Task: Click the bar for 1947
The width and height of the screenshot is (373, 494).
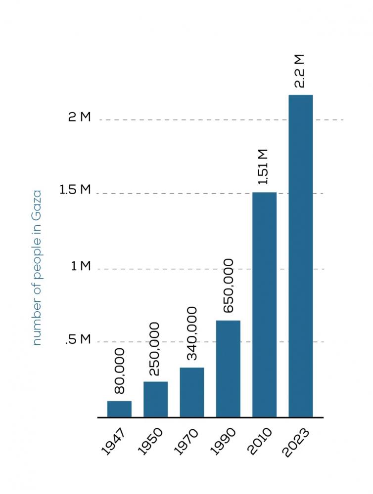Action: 119,409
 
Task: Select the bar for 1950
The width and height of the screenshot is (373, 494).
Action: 155,399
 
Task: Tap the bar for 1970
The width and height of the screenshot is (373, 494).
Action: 192,392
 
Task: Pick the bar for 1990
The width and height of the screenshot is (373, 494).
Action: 228,369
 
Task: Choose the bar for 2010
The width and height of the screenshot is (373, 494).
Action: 264,304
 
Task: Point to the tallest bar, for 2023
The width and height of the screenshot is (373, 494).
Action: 301,256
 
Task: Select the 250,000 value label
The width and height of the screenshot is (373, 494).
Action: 155,349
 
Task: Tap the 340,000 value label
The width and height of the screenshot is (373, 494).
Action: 191,334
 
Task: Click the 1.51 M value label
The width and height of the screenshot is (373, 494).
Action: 264,166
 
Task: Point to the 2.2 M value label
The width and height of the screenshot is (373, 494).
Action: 300,71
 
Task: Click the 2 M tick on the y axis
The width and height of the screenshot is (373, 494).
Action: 80,118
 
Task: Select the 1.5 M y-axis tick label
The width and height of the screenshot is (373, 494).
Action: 75,191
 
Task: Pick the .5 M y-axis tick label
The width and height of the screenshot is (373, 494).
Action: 78,340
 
